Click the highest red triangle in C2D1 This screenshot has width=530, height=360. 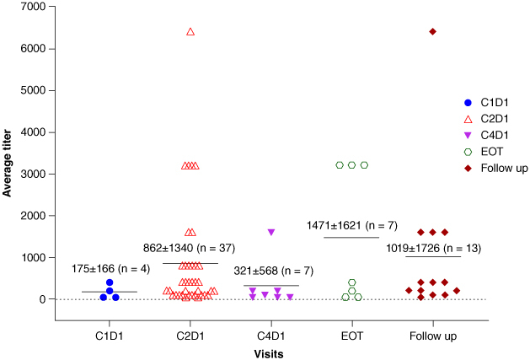pyautogui.click(x=190, y=32)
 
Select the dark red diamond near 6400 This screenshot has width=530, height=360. pyautogui.click(x=432, y=31)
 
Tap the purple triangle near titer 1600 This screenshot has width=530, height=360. pyautogui.click(x=271, y=232)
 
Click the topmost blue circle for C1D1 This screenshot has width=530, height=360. pyautogui.click(x=110, y=282)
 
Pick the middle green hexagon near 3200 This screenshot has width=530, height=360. pyautogui.click(x=352, y=165)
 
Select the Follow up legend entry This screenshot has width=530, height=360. pyautogui.click(x=495, y=168)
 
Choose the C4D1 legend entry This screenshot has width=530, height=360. pyautogui.click(x=486, y=136)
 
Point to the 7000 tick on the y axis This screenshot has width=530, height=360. pyautogui.click(x=51, y=7)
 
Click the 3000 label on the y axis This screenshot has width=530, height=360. pyautogui.click(x=33, y=174)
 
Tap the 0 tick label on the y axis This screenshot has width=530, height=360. pyautogui.click(x=43, y=299)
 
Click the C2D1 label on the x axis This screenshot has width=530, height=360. pyautogui.click(x=190, y=336)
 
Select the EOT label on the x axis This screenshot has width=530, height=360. pyautogui.click(x=352, y=336)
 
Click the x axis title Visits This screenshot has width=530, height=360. pyautogui.click(x=269, y=353)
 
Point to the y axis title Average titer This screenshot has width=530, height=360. pyautogui.click(x=7, y=163)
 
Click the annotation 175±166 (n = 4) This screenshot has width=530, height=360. pyautogui.click(x=110, y=269)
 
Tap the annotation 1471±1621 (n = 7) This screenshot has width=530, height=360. pyautogui.click(x=352, y=225)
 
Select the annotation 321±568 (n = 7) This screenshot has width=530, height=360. pyautogui.click(x=274, y=271)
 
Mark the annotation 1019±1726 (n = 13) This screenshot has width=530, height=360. pyautogui.click(x=433, y=249)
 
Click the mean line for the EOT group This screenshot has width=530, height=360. pyautogui.click(x=351, y=238)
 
